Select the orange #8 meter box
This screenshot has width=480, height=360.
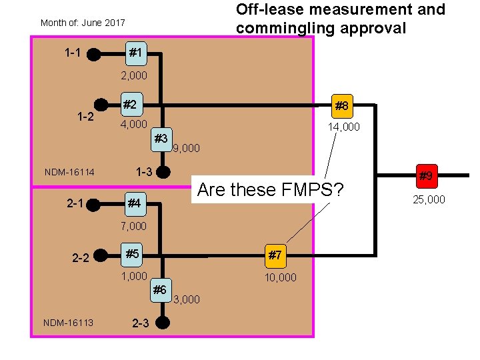click(341, 105)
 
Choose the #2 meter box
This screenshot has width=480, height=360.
click(131, 104)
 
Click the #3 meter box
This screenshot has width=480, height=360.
click(160, 139)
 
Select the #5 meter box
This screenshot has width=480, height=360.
click(133, 253)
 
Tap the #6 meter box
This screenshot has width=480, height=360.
click(159, 289)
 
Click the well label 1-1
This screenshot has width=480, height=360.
click(73, 52)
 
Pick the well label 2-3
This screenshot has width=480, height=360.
click(141, 324)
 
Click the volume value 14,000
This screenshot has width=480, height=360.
click(344, 127)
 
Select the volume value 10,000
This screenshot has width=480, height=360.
click(280, 277)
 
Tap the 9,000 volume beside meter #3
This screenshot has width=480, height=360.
click(186, 148)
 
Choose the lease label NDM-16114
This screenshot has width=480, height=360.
click(69, 173)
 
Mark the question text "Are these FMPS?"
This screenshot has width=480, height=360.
click(271, 190)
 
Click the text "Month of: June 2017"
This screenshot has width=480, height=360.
click(83, 23)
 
